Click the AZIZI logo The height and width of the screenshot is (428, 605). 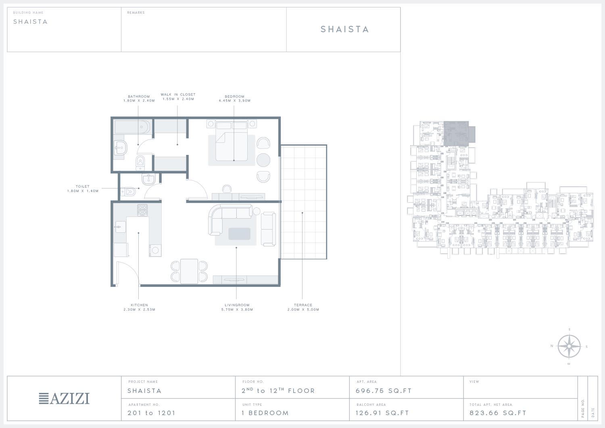[64, 398]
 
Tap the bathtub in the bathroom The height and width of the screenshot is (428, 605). [132, 127]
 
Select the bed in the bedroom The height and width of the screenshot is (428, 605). [232, 141]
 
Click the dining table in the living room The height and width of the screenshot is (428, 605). [189, 271]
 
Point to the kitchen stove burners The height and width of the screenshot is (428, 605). [142, 210]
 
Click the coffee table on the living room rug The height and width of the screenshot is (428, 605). [239, 234]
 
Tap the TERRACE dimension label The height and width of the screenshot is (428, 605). [303, 307]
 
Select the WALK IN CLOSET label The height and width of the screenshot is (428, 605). [178, 94]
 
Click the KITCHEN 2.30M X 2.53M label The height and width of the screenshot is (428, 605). [140, 307]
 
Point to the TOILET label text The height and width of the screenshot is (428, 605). [82, 186]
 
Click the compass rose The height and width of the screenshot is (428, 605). [569, 346]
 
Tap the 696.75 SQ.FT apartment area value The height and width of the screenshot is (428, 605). [384, 391]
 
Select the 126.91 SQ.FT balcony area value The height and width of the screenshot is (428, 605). [382, 413]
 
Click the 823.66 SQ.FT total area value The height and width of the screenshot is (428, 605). [498, 413]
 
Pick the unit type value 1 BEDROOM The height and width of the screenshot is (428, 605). [265, 413]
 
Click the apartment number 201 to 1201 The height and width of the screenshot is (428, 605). [152, 413]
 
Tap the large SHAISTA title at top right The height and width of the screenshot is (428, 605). [344, 29]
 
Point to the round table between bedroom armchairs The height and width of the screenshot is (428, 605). [263, 160]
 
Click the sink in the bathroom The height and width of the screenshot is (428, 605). [120, 148]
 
